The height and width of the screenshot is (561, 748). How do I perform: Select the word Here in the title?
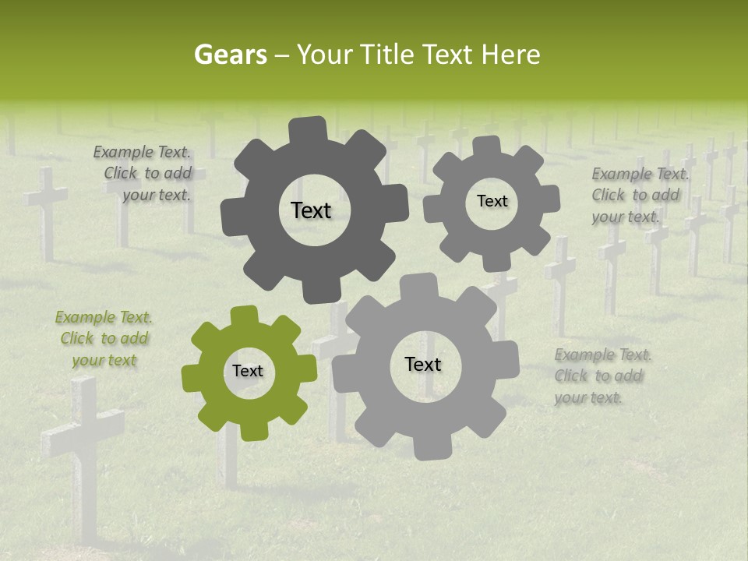tap(510, 55)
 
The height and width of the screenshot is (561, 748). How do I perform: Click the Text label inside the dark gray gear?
tap(311, 210)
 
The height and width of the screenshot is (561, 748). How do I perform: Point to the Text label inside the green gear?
tap(247, 372)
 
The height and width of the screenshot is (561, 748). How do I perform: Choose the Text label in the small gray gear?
tap(492, 201)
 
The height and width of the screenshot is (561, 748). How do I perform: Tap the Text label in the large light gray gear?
tap(422, 365)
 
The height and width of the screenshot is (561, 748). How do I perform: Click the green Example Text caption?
tap(104, 339)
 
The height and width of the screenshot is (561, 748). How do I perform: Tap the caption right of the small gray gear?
tap(638, 195)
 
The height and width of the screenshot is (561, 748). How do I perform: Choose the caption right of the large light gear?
tap(602, 376)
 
